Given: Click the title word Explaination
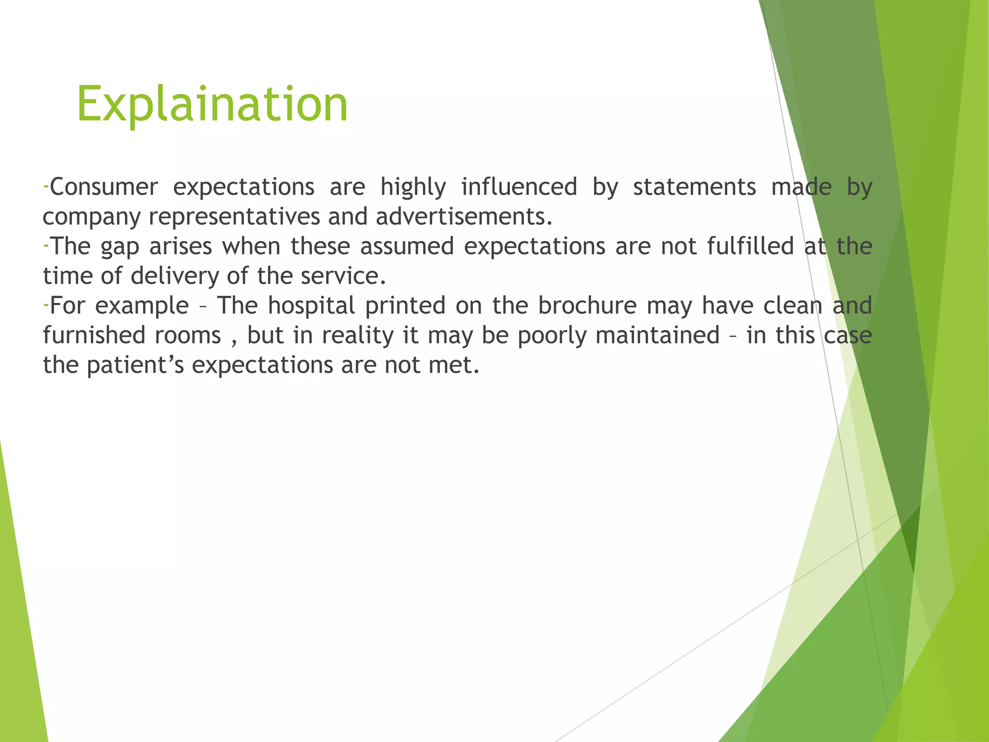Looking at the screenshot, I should (x=212, y=104).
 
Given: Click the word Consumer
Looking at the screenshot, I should (x=104, y=187).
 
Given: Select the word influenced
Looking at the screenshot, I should (x=519, y=187).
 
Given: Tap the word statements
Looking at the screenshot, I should (x=694, y=187).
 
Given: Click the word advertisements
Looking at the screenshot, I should (x=464, y=217).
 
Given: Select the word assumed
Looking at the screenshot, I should (x=407, y=246).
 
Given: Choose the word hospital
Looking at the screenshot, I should (x=311, y=306).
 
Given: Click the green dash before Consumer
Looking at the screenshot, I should (x=45, y=186).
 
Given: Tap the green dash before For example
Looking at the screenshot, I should (x=45, y=305).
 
